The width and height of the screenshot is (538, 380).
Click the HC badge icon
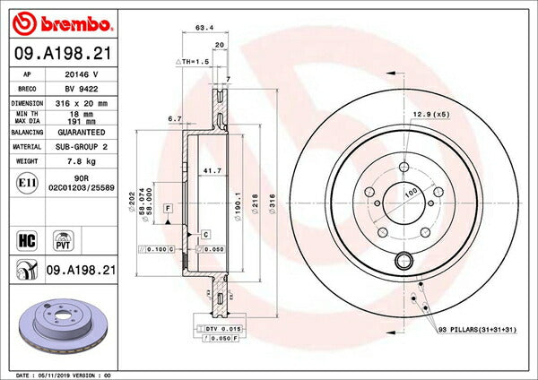click(x=26, y=239)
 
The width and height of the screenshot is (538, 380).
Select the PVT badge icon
click(x=65, y=239)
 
